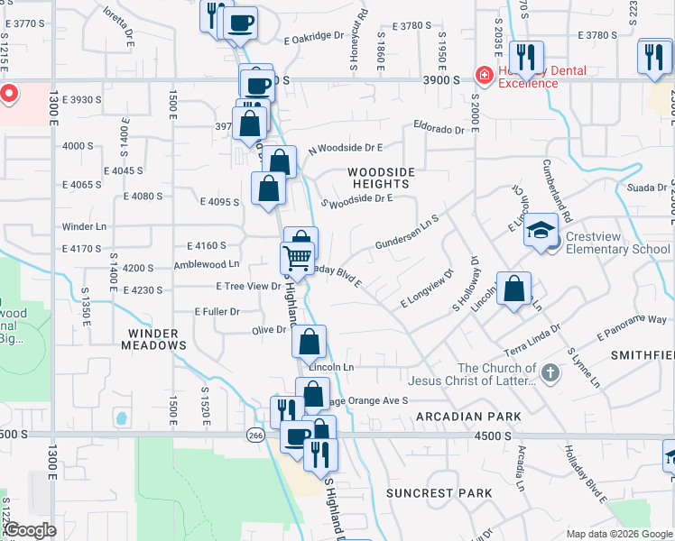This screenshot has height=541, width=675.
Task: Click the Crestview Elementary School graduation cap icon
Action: click(x=541, y=230)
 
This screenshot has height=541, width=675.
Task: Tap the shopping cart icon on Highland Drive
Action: click(x=298, y=260)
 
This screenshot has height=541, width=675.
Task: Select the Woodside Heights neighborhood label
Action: click(x=381, y=178)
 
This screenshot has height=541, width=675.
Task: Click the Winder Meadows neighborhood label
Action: click(x=151, y=338)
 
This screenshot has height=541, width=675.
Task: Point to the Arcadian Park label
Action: click(x=469, y=417)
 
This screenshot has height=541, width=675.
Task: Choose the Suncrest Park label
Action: click(x=439, y=493)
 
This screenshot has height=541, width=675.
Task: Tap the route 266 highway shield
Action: click(x=255, y=435)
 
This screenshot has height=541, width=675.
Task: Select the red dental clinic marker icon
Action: click(x=485, y=74)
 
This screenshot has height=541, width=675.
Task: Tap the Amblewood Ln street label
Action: click(x=207, y=264)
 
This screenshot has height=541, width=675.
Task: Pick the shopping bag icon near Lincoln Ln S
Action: click(x=513, y=289)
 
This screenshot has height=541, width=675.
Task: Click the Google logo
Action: click(x=30, y=530)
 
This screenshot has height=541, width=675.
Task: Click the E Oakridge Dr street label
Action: click(x=314, y=37)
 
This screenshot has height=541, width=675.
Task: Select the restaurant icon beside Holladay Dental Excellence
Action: click(x=525, y=57)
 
